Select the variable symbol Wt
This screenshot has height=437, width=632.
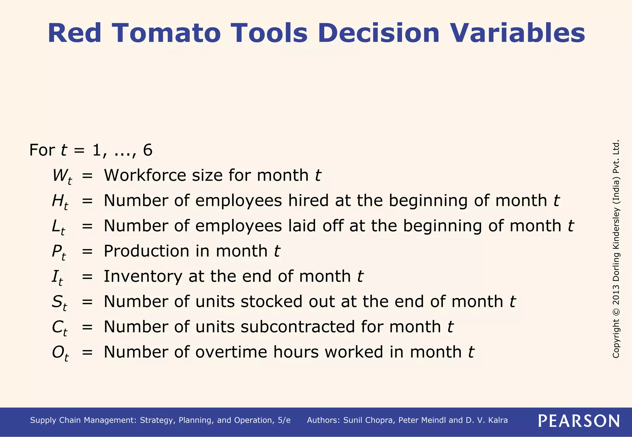(62, 176)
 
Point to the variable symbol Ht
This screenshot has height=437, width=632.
(60, 202)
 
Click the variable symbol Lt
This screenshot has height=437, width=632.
(58, 227)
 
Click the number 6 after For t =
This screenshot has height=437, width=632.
(148, 150)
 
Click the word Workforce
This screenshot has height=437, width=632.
(145, 176)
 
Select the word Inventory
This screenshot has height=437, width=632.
(143, 276)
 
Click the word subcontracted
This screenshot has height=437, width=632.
(298, 327)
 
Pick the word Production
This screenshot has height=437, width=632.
(146, 251)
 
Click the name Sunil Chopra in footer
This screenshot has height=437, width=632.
(369, 420)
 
